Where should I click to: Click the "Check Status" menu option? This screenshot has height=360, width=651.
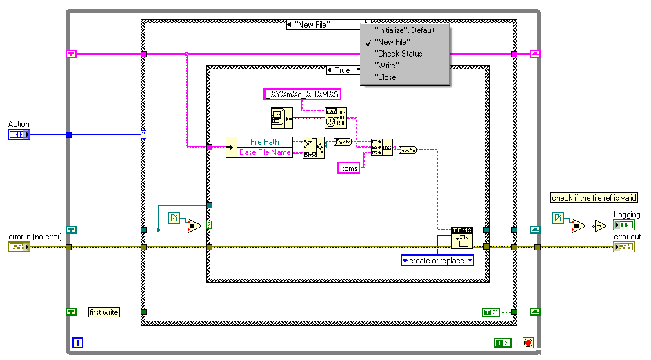pyautogui.click(x=400, y=54)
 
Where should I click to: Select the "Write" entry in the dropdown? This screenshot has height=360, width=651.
pyautogui.click(x=387, y=66)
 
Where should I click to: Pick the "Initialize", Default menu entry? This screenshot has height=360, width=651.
pyautogui.click(x=404, y=30)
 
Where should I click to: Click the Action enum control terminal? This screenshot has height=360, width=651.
pyautogui.click(x=19, y=134)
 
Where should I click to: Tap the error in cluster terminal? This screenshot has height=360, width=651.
pyautogui.click(x=19, y=247)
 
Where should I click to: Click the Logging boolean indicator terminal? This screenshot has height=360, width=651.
pyautogui.click(x=623, y=225)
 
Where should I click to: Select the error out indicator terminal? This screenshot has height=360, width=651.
pyautogui.click(x=623, y=247)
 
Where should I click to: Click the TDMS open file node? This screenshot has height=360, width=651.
pyautogui.click(x=461, y=238)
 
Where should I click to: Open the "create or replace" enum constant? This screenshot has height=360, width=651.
pyautogui.click(x=437, y=261)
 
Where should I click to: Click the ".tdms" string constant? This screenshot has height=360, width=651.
pyautogui.click(x=350, y=168)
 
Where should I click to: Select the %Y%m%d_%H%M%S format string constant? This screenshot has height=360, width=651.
pyautogui.click(x=303, y=94)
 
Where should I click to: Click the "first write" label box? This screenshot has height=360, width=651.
pyautogui.click(x=104, y=312)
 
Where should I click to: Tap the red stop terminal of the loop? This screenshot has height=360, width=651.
pyautogui.click(x=528, y=342)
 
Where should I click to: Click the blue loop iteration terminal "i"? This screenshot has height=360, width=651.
pyautogui.click(x=78, y=342)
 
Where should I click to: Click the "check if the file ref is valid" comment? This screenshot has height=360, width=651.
pyautogui.click(x=594, y=198)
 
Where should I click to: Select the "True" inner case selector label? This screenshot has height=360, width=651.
pyautogui.click(x=343, y=70)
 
